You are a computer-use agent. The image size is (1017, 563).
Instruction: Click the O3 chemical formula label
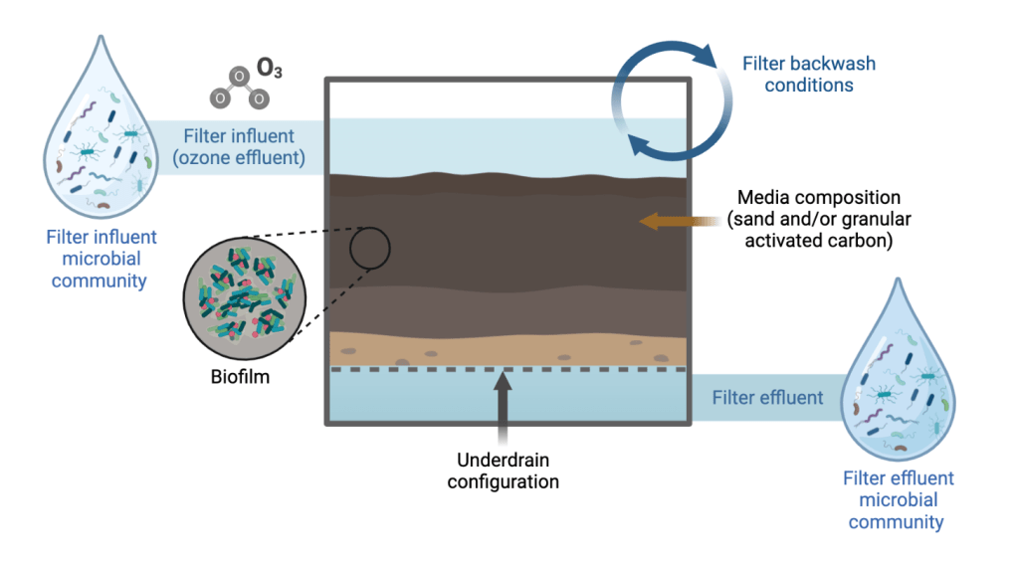(x=269, y=68)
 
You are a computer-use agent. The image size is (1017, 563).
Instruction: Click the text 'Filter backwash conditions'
(x=809, y=75)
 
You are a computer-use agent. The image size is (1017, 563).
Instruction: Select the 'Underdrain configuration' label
(x=504, y=471)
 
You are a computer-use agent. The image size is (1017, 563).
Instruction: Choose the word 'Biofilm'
(x=241, y=378)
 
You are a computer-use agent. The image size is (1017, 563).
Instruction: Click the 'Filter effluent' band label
(x=767, y=398)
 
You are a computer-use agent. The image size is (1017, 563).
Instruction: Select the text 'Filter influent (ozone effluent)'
(x=238, y=146)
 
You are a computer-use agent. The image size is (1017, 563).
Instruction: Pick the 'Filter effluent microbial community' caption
(x=898, y=500)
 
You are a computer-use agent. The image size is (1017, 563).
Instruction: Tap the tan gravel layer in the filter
(x=507, y=349)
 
